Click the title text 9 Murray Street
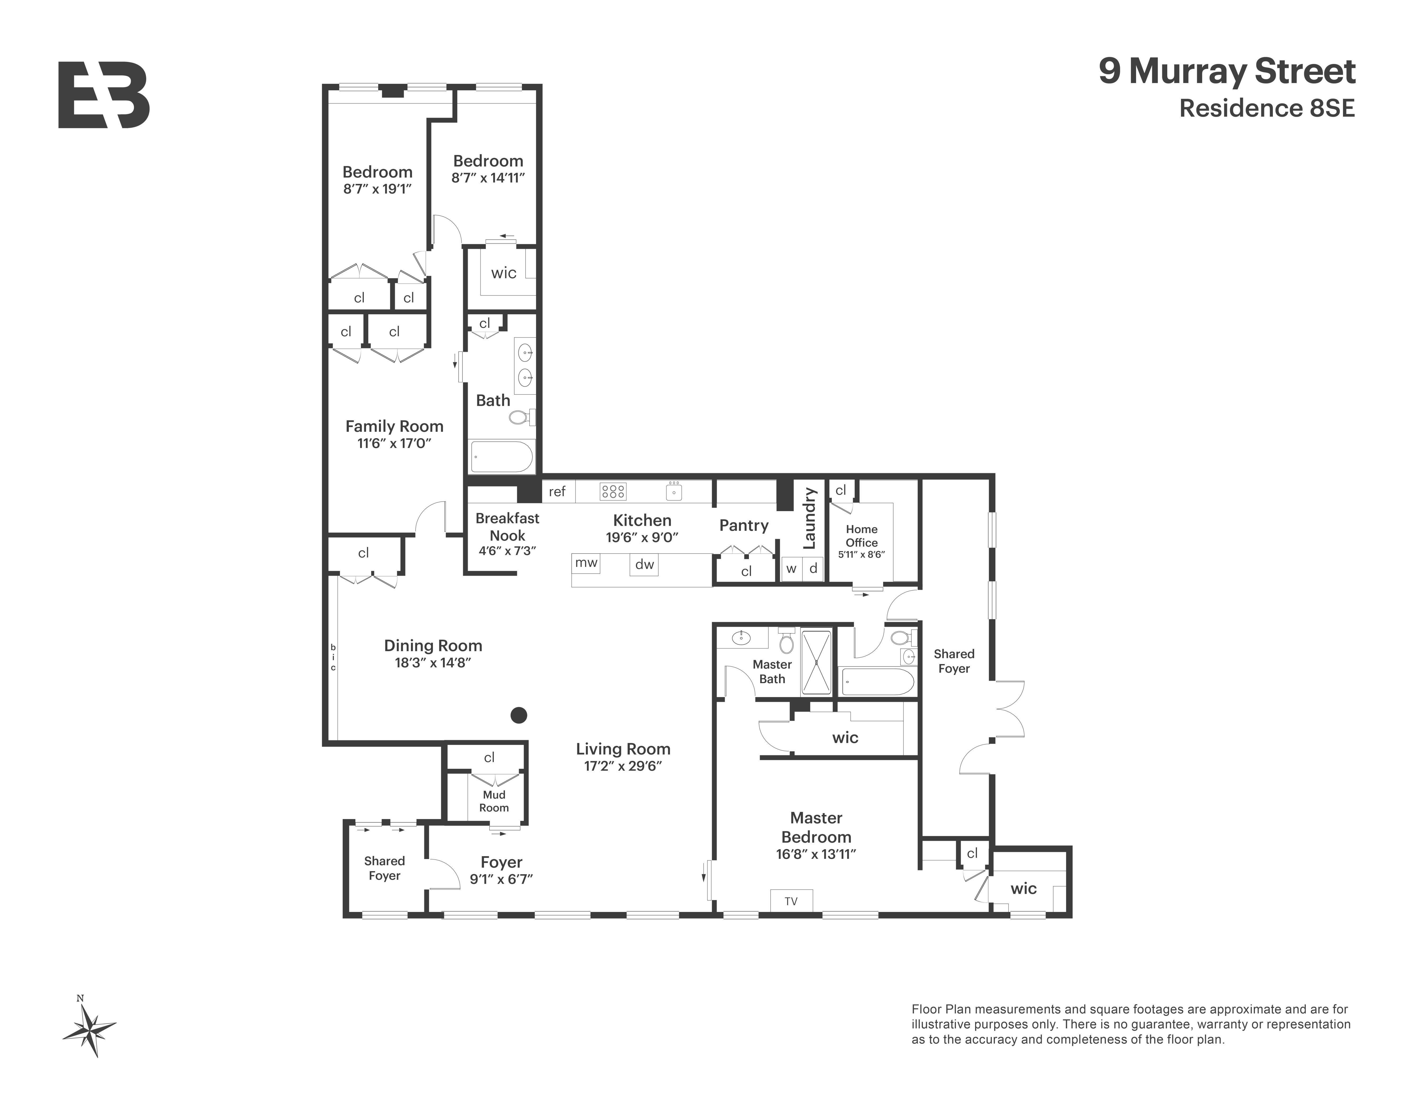click(x=1227, y=71)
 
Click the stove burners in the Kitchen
click(x=613, y=491)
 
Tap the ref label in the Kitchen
click(x=557, y=491)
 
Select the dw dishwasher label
click(x=644, y=564)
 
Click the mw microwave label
click(x=586, y=562)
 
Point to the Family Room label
click(x=394, y=426)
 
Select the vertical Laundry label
click(x=809, y=519)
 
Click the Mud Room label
click(x=494, y=801)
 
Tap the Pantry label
click(x=744, y=525)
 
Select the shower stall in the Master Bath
click(x=816, y=662)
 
